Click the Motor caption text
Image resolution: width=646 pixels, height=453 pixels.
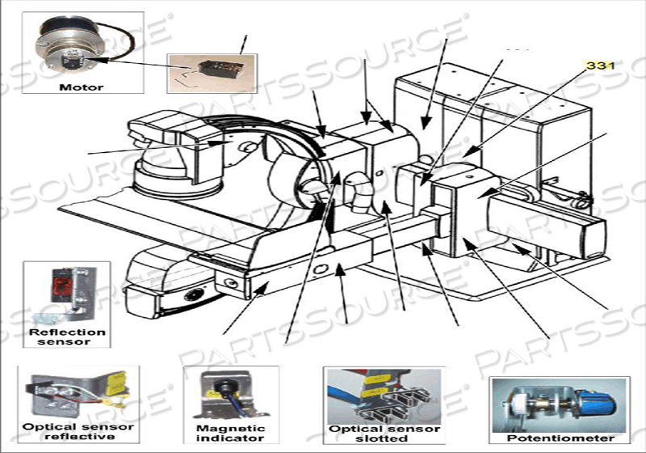(82, 87)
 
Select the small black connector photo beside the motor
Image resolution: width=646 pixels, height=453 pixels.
(211, 69)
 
